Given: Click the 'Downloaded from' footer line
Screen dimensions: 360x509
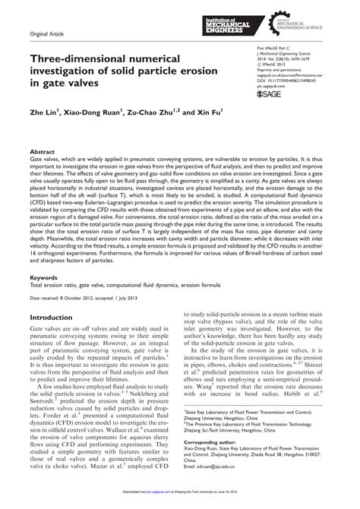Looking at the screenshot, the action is pyautogui.click(x=180, y=502).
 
